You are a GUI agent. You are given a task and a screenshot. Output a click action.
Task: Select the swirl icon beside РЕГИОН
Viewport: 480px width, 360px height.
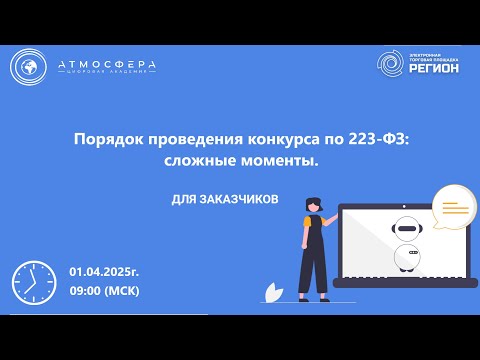tap(391, 63)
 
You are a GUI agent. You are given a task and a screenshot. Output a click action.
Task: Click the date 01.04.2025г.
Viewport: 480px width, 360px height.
tap(103, 272)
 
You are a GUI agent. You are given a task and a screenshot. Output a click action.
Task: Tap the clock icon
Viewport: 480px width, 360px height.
tap(33, 282)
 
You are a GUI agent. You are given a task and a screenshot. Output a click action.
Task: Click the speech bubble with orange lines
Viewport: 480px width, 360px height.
tap(455, 208)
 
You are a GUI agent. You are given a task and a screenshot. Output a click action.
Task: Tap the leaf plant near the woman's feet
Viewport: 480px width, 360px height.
tap(270, 291)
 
